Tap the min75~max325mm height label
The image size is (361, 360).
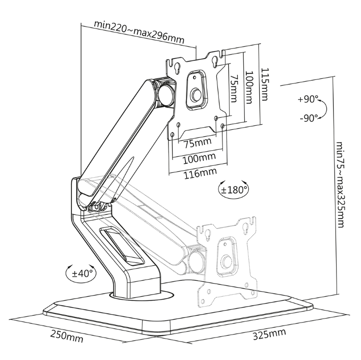coord(340,183)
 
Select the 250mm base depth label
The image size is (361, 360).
coord(66,337)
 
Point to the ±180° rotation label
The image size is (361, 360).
coord(234,190)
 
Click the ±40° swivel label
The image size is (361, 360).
coord(80,273)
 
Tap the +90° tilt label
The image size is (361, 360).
coord(308,99)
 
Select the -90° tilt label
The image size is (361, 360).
coord(309,118)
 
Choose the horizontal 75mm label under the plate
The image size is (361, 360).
coord(197,144)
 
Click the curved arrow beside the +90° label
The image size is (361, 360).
coord(323,108)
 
